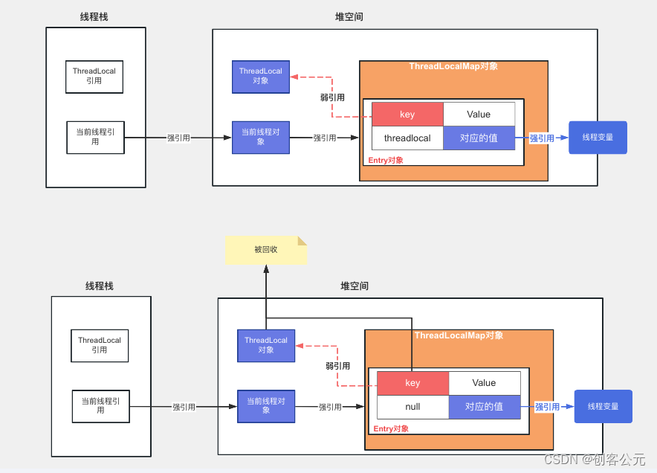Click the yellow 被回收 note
[265, 250]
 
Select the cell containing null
[412, 407]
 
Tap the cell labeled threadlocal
[407, 138]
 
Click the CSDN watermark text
[595, 460]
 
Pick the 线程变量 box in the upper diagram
[598, 138]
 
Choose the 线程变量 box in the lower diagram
[603, 407]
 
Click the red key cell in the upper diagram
[407, 115]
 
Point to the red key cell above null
[412, 383]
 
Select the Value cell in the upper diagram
[479, 115]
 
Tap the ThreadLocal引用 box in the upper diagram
[94, 77]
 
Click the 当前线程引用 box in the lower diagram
[100, 406]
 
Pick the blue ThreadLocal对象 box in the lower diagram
[266, 345]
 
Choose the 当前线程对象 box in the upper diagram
[260, 137]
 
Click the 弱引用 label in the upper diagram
[332, 97]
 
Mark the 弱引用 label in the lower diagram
[337, 366]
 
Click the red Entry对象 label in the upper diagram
[386, 160]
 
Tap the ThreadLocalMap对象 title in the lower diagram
[459, 335]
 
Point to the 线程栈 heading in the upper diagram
[94, 17]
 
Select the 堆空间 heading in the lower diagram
[355, 286]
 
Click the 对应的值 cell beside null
[484, 407]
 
